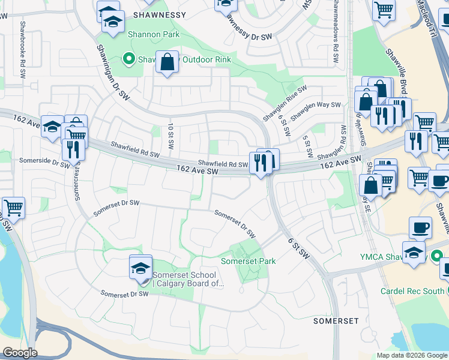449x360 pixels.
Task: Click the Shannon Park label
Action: [153, 35]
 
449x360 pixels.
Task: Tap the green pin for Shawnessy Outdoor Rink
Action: [128, 59]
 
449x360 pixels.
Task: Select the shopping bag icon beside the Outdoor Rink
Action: [167, 62]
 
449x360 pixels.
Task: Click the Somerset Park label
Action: [248, 261]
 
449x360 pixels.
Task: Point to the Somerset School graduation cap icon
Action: [140, 266]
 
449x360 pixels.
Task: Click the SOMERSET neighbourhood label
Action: [336, 321]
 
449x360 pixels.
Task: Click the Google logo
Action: [20, 352]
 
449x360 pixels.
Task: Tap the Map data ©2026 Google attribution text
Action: [411, 355]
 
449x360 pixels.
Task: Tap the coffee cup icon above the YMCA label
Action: [420, 228]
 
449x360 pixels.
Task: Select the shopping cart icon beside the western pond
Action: [13, 208]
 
